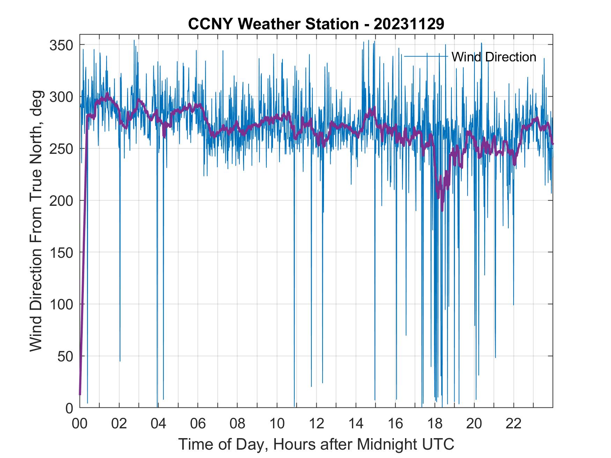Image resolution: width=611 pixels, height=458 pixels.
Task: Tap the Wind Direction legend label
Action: (x=494, y=57)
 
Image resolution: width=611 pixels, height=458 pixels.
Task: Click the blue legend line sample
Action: (x=426, y=56)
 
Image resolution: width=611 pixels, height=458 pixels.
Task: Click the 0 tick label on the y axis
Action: (x=69, y=408)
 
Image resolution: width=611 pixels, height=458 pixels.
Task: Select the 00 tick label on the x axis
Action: (x=80, y=424)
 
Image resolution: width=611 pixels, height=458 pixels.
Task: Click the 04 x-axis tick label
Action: (x=159, y=424)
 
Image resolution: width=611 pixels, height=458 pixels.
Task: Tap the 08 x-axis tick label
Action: (x=237, y=424)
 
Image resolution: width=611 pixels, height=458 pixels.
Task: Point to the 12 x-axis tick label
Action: (x=316, y=424)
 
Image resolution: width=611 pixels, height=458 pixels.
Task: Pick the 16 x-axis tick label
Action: (x=395, y=424)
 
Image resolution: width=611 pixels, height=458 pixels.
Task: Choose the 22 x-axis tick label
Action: (x=514, y=424)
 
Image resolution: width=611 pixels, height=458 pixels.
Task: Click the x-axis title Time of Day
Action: (x=316, y=444)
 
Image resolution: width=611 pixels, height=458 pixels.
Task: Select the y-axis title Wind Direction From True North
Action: (x=36, y=221)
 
